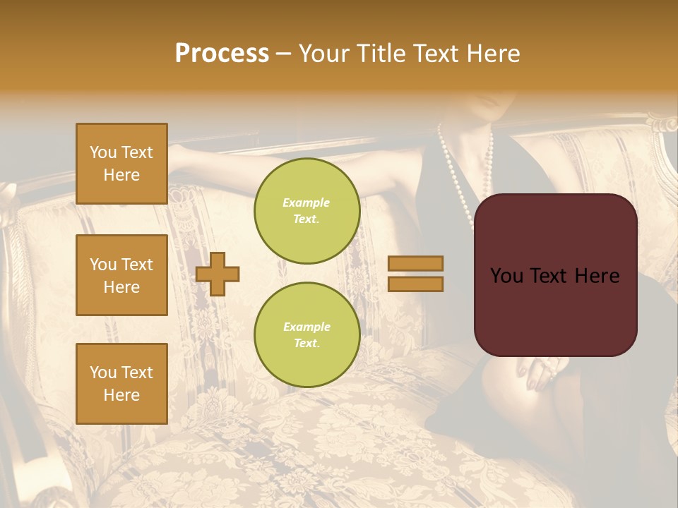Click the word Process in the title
click(222, 54)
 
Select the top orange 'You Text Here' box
click(121, 164)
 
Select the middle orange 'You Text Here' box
click(121, 275)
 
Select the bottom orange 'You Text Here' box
click(121, 384)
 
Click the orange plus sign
click(218, 274)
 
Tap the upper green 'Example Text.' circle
click(307, 211)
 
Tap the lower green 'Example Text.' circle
click(307, 335)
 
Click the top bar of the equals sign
click(415, 263)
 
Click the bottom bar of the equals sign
click(415, 284)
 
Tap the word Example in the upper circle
click(307, 202)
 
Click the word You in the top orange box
click(103, 152)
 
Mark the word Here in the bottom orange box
click(121, 395)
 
